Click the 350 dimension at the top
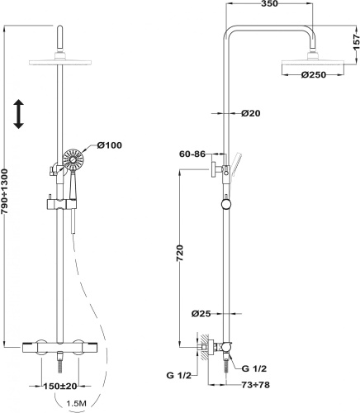[269, 3]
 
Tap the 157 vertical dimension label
[356, 42]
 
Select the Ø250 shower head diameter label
[313, 74]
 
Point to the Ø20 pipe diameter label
[251, 113]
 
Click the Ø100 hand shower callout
[109, 145]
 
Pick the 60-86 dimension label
[192, 154]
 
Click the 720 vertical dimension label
[179, 254]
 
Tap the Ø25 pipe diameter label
[201, 313]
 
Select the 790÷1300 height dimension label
[5, 192]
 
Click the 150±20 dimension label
[60, 386]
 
